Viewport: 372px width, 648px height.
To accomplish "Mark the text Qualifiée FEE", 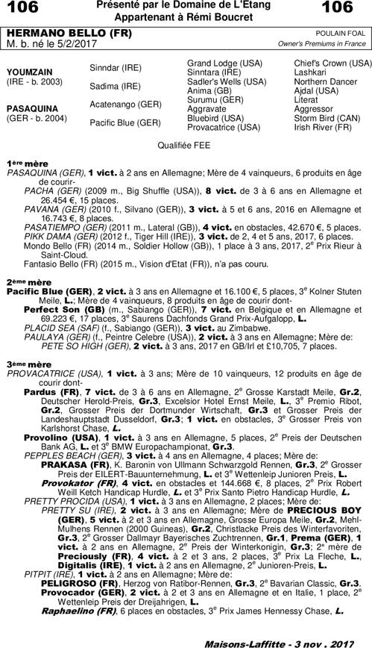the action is (185, 144).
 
